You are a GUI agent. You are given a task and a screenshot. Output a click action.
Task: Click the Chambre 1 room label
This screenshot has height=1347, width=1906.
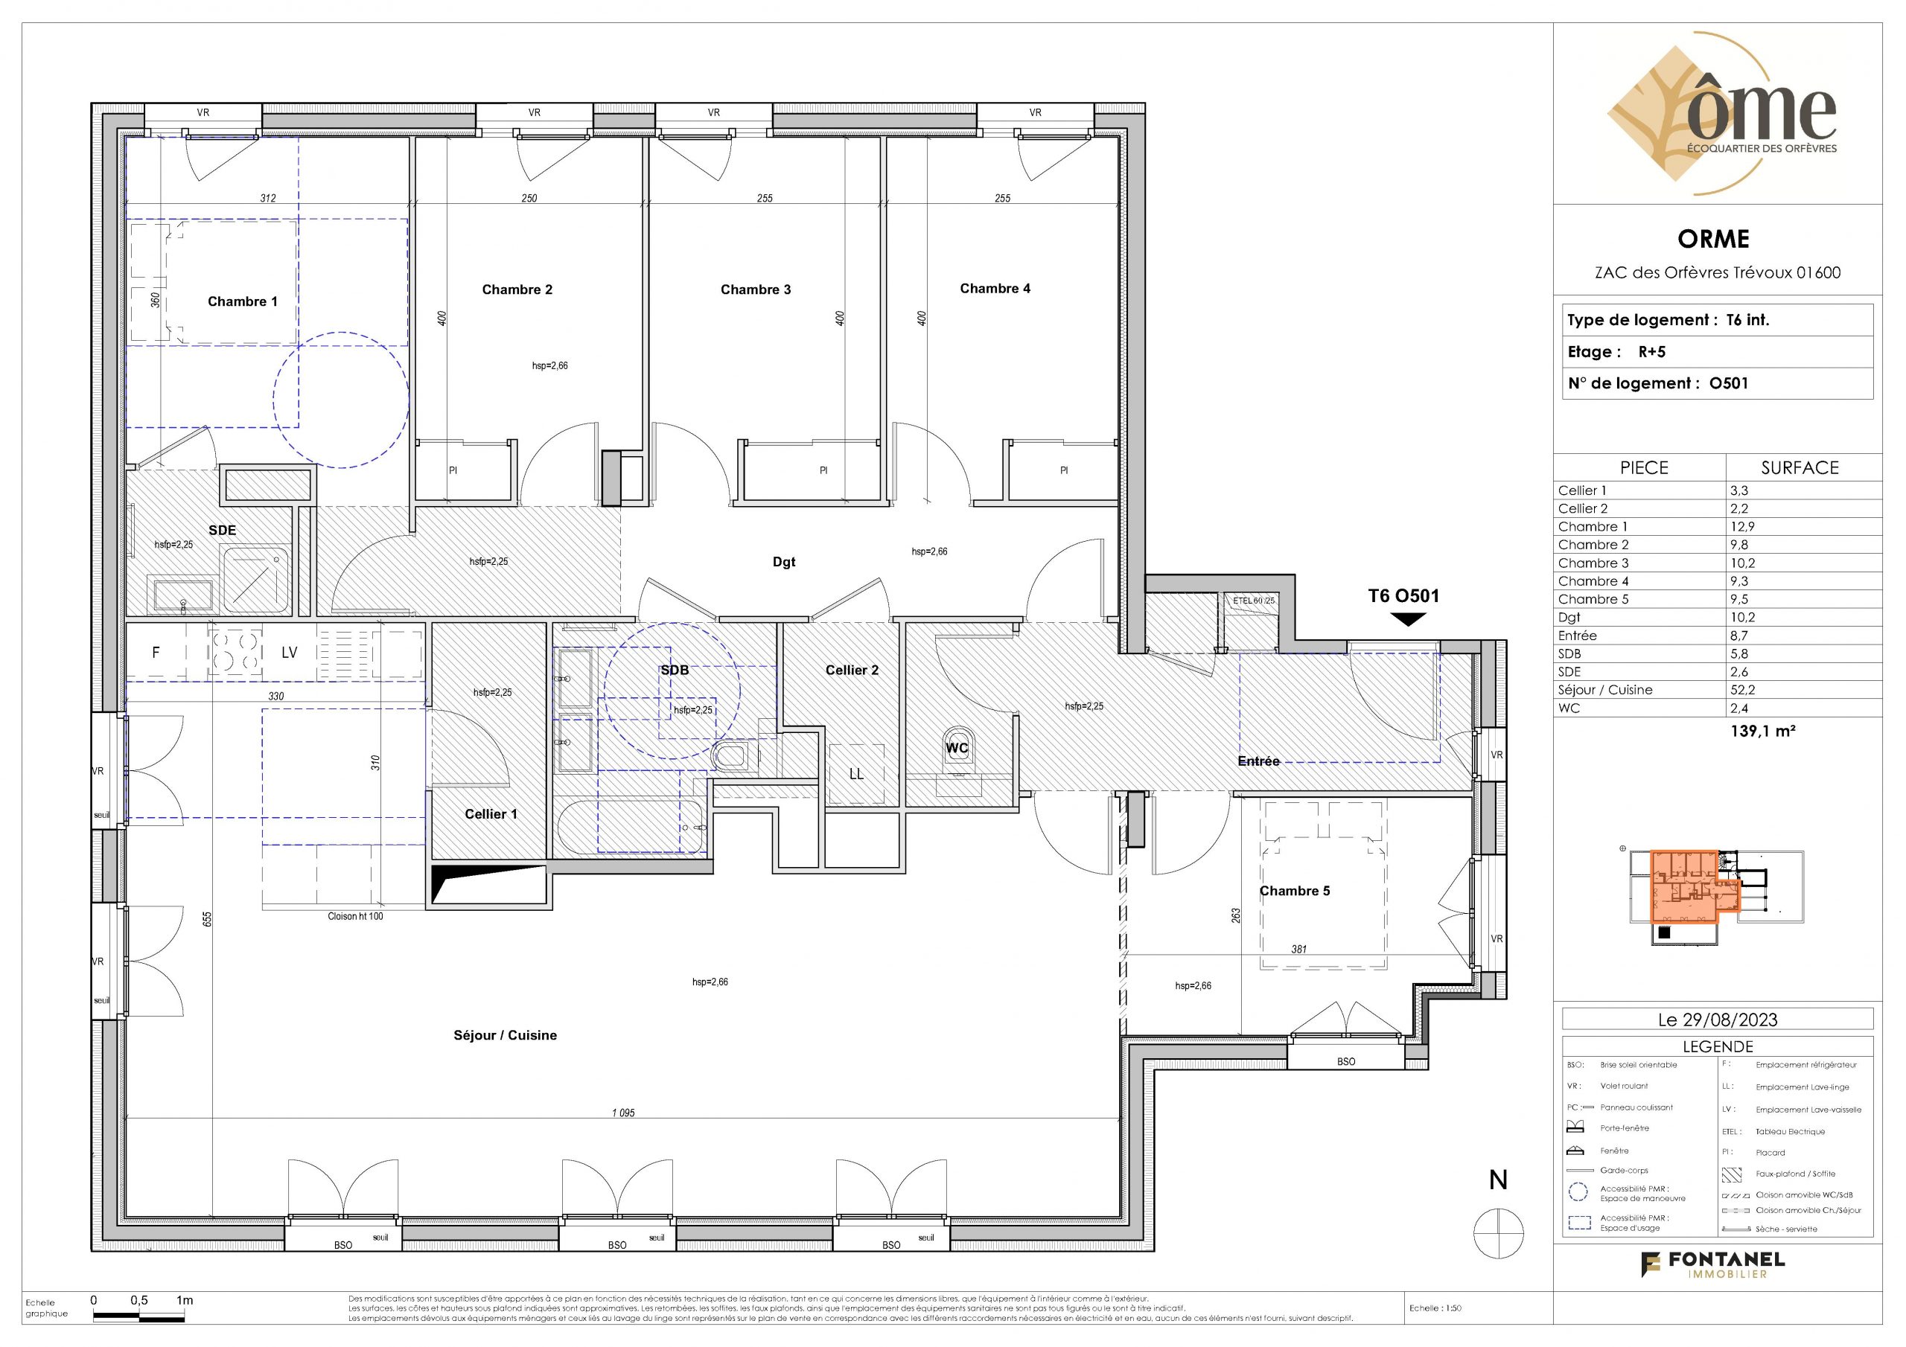(x=243, y=301)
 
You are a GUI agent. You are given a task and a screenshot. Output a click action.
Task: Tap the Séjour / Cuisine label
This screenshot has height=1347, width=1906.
(x=505, y=1035)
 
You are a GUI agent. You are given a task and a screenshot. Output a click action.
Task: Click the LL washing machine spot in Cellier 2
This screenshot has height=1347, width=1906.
(x=856, y=773)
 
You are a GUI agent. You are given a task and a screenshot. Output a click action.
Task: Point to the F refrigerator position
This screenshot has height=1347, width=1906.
(x=156, y=653)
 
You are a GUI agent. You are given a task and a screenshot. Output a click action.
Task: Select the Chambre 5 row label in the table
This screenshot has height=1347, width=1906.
(x=1593, y=599)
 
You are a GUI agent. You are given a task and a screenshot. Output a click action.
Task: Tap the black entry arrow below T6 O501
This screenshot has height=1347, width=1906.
(x=1409, y=619)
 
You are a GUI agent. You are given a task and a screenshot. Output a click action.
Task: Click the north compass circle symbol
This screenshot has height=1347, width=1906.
(x=1499, y=1233)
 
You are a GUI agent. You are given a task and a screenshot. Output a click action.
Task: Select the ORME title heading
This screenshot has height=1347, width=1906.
(x=1713, y=239)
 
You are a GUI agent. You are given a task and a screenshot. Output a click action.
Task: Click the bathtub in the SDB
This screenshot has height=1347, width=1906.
(x=633, y=828)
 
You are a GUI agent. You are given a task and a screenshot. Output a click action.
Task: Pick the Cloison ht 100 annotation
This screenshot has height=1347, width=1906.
(x=355, y=916)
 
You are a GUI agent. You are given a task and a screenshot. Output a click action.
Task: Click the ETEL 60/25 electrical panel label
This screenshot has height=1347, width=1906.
(x=1254, y=600)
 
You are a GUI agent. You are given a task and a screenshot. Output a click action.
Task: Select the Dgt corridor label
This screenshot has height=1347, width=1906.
(x=784, y=562)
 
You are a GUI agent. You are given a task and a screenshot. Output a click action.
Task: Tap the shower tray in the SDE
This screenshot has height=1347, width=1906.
(x=255, y=578)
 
